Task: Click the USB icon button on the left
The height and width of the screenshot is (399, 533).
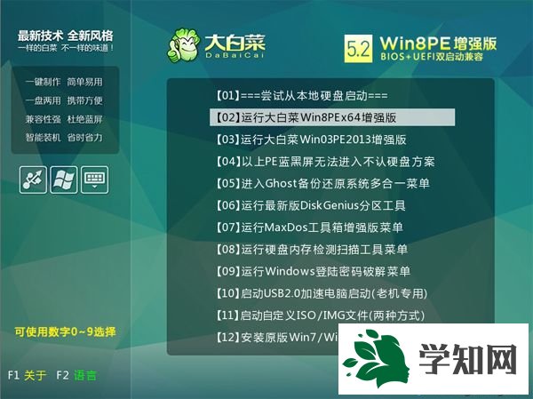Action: click(x=33, y=179)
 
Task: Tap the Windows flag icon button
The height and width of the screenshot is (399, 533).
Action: click(x=64, y=179)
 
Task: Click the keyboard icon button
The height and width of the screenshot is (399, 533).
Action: click(x=95, y=179)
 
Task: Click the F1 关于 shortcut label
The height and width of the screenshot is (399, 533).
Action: click(x=27, y=375)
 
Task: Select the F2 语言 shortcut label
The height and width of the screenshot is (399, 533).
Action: click(x=76, y=375)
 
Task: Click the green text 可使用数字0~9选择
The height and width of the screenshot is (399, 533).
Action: click(x=65, y=331)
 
